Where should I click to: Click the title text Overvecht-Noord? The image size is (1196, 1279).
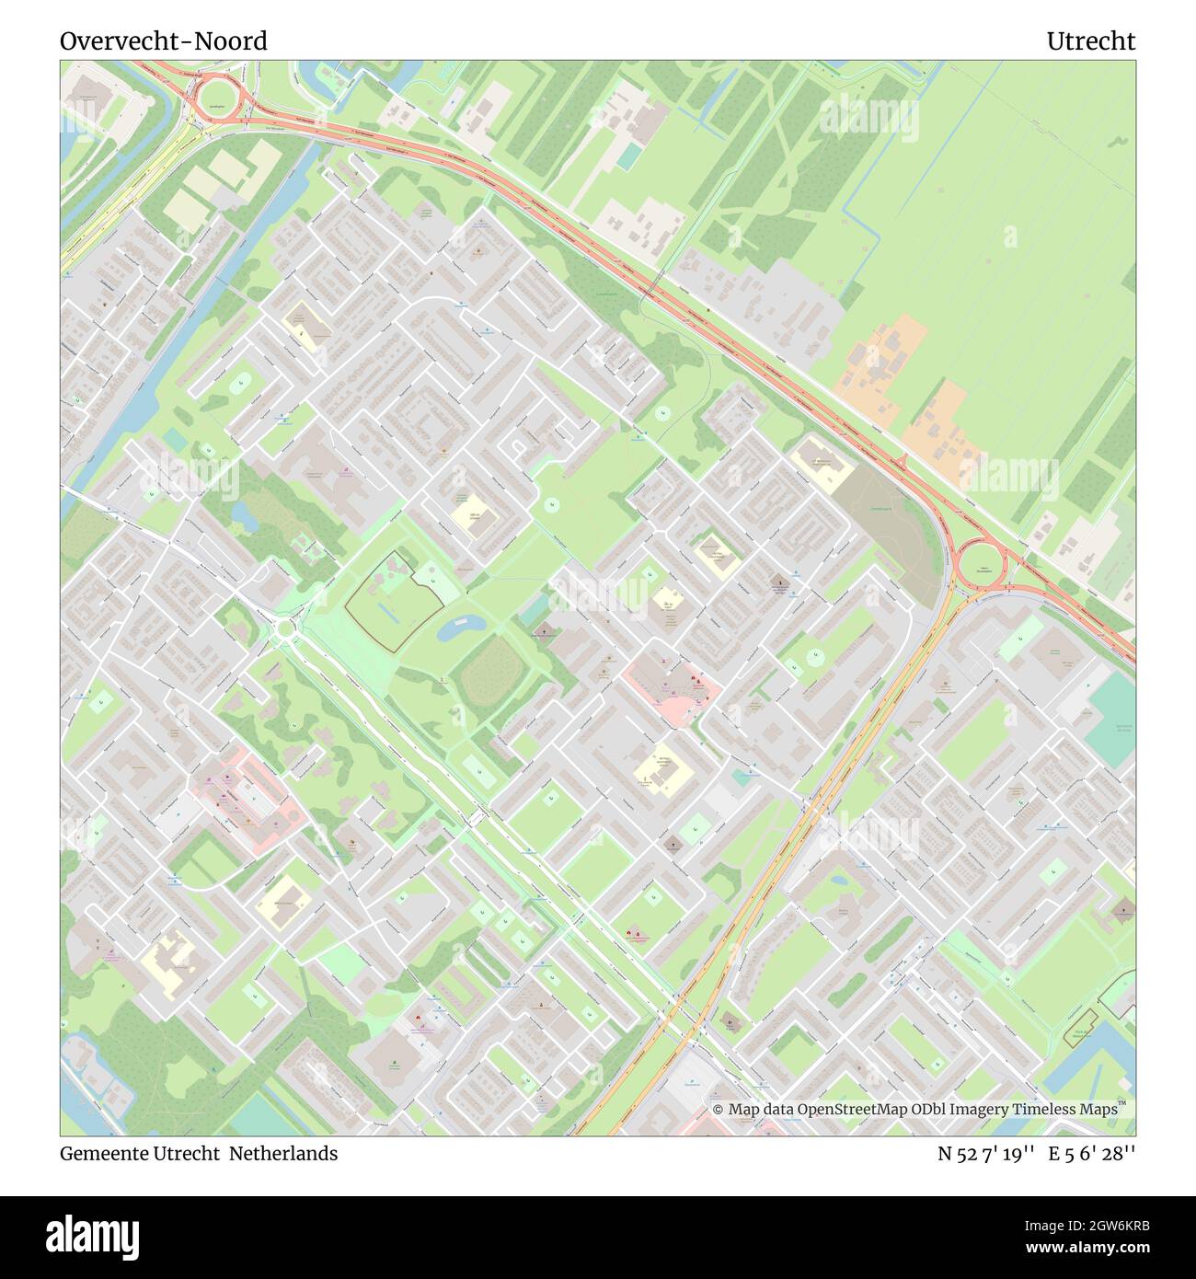click(x=164, y=41)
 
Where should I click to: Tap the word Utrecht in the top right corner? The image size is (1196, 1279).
click(x=1090, y=41)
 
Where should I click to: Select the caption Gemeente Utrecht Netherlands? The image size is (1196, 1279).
click(x=199, y=1153)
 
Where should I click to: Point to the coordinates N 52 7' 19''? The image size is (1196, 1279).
click(x=988, y=1153)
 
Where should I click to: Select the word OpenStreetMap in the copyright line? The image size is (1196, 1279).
click(x=841, y=1110)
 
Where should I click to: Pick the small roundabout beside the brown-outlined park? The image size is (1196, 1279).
click(x=285, y=628)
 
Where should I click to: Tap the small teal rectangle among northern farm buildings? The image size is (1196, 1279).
click(x=629, y=156)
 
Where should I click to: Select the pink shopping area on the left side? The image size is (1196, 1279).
click(x=244, y=796)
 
